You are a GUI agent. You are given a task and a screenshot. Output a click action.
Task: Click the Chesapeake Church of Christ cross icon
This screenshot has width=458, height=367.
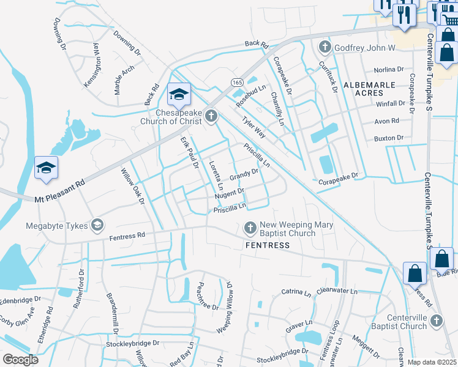tap(211, 116)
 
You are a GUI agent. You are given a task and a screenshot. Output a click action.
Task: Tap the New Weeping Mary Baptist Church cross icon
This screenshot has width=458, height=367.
tap(250, 228)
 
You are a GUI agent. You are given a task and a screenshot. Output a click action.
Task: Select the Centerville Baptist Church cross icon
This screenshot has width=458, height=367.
tap(436, 321)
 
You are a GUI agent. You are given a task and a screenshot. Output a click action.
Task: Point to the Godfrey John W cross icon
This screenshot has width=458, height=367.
tap(325, 47)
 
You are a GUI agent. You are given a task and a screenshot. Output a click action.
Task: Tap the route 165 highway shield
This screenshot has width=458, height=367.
tap(237, 81)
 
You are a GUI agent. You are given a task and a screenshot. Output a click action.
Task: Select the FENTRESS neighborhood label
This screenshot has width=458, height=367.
tap(267, 245)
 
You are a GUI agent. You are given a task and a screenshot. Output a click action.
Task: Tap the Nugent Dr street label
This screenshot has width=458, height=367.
tap(230, 193)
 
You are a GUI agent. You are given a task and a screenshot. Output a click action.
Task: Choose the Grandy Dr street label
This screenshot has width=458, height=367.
tap(244, 176)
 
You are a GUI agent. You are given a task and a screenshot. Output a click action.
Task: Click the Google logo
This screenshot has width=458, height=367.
tap(21, 360)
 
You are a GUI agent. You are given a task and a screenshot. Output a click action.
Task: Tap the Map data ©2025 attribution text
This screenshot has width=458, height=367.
tap(432, 362)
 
